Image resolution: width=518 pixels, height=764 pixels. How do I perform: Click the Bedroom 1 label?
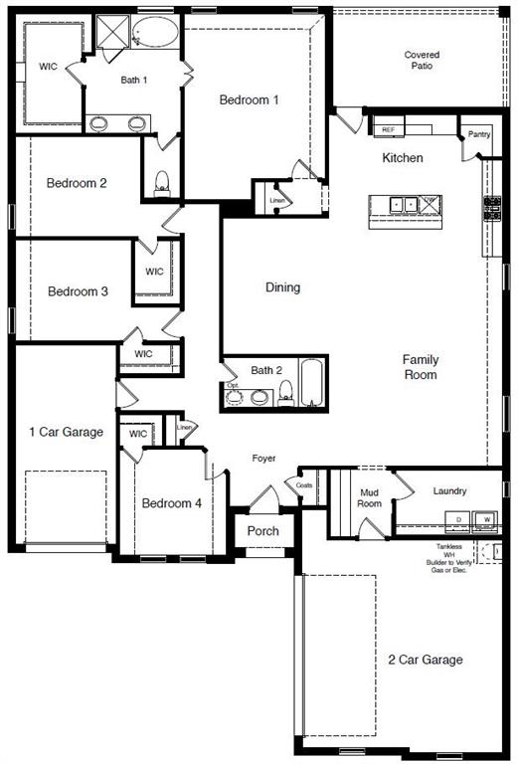click(x=249, y=99)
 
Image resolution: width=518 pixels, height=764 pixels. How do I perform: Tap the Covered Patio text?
click(x=422, y=60)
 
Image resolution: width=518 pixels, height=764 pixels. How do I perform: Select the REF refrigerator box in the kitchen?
click(x=389, y=129)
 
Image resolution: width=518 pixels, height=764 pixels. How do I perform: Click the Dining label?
click(x=282, y=287)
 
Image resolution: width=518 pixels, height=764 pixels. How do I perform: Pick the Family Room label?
click(x=421, y=367)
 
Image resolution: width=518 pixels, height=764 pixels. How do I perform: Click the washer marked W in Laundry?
click(x=487, y=519)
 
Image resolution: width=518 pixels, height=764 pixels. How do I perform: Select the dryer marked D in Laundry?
click(x=458, y=519)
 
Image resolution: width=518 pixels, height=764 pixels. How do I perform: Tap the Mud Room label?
click(x=370, y=497)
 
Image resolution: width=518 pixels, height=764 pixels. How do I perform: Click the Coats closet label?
click(x=305, y=484)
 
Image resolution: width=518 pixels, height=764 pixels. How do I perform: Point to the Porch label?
click(x=263, y=531)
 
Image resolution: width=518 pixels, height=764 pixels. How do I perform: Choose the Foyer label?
click(x=262, y=459)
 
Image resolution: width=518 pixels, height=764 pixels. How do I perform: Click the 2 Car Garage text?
click(x=425, y=660)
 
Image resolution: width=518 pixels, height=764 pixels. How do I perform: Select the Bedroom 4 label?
click(x=171, y=503)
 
